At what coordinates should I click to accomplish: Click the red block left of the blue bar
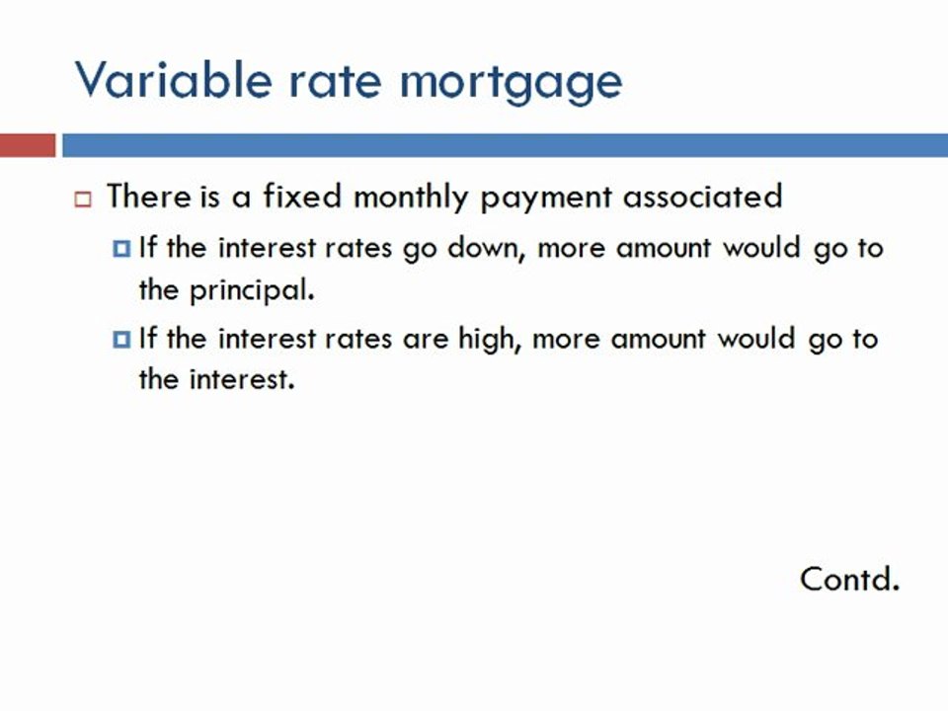point(28,146)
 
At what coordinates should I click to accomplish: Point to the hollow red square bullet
point(83,198)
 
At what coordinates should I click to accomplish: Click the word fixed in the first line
point(301,197)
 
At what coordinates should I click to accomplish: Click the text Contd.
point(849,578)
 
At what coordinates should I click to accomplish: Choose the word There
point(148,197)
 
